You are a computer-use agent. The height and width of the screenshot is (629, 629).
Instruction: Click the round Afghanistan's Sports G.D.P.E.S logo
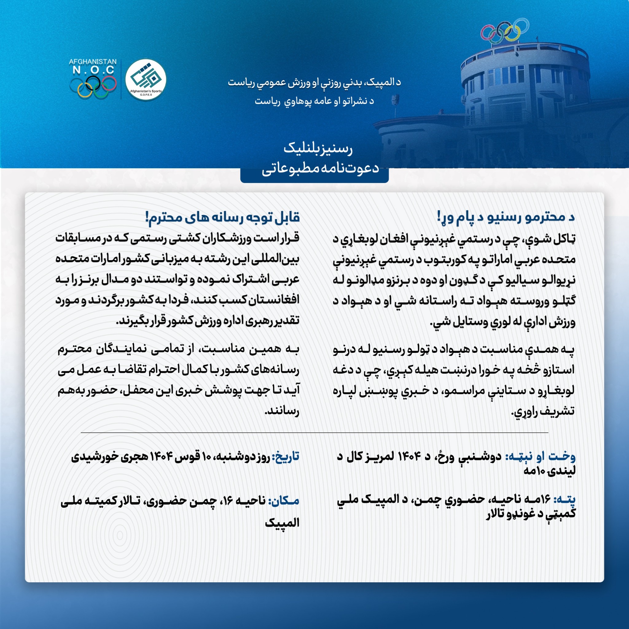coord(146,80)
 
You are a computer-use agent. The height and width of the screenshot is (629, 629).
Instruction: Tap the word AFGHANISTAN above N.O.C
coord(93,61)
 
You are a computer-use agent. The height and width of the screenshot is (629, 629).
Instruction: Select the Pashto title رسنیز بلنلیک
coord(318,149)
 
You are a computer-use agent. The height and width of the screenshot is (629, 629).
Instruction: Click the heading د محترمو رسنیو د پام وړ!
coord(506,217)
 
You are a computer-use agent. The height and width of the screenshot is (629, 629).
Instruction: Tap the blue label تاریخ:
coord(287,457)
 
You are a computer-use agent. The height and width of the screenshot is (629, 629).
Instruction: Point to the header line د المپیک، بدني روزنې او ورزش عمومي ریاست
coord(314,83)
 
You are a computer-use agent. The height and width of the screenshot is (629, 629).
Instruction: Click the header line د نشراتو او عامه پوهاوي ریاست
coord(314,101)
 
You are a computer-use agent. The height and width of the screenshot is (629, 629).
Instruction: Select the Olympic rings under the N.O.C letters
coord(93,87)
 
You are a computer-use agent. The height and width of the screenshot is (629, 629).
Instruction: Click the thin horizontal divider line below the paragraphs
coord(314,433)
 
